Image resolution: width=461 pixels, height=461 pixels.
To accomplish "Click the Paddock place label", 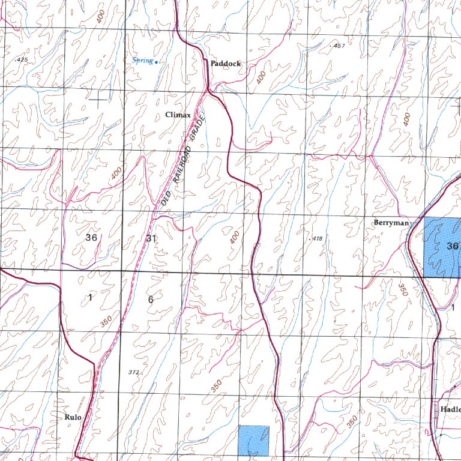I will pyautogui.click(x=225, y=63).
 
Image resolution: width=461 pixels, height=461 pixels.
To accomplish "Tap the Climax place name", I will pyautogui.click(x=178, y=115).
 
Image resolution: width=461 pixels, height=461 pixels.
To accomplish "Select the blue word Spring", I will pyautogui.click(x=142, y=60).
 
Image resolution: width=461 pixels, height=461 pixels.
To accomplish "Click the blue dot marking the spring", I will pyautogui.click(x=156, y=62).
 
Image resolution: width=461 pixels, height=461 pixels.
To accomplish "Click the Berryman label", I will pyautogui.click(x=391, y=223).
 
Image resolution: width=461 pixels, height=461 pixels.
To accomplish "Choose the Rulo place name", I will pyautogui.click(x=72, y=416).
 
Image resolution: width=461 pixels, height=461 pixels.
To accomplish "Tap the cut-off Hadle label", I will pyautogui.click(x=450, y=408).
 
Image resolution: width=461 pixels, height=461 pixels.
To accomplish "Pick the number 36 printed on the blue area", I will pyautogui.click(x=453, y=246).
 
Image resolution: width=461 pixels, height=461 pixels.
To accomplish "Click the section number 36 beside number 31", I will pyautogui.click(x=91, y=238).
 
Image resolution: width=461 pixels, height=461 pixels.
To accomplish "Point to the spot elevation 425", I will pyautogui.click(x=22, y=60).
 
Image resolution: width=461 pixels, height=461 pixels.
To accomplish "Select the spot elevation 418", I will pyautogui.click(x=316, y=239).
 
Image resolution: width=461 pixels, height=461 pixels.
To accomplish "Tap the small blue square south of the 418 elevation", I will pyautogui.click(x=253, y=440).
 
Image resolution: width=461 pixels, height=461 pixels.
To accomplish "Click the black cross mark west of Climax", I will pyautogui.click(x=98, y=97).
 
